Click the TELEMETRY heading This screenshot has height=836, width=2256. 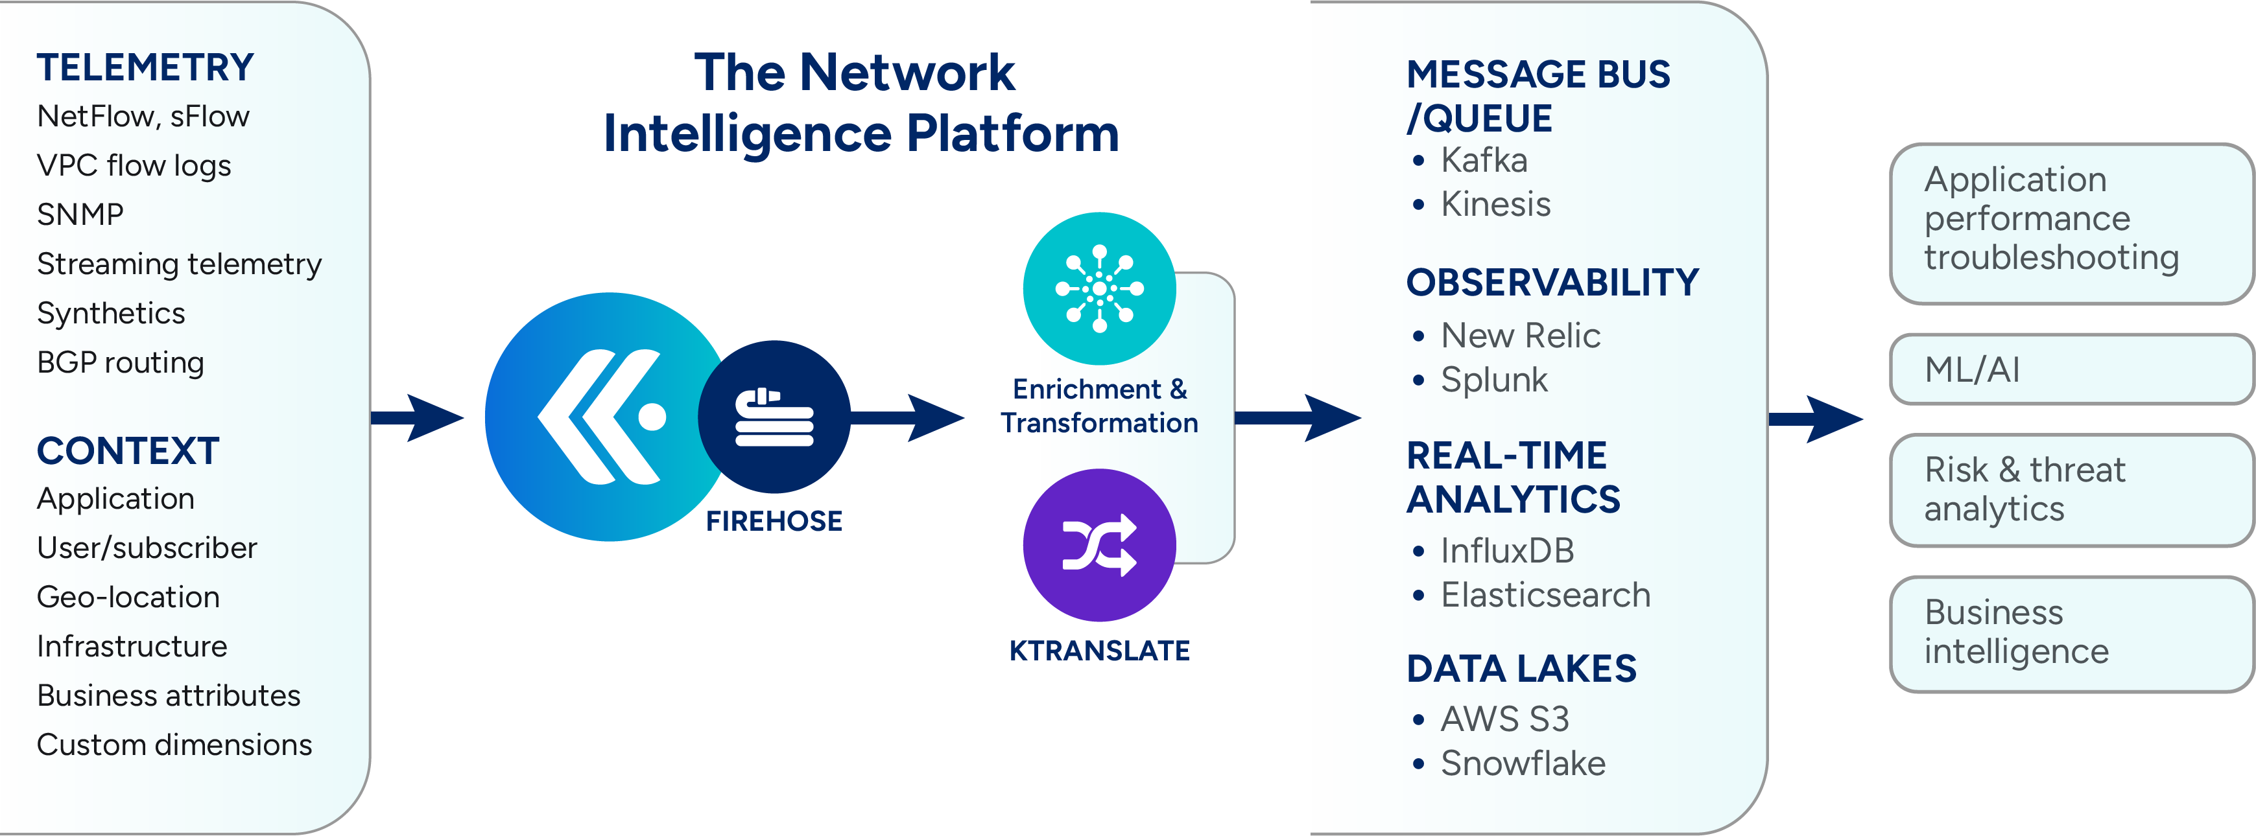(145, 68)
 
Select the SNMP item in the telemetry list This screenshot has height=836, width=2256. (80, 215)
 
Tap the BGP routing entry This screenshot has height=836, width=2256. (121, 362)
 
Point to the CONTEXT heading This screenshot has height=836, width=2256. (128, 452)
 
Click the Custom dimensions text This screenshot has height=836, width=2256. (174, 745)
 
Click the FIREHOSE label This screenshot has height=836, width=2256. (774, 522)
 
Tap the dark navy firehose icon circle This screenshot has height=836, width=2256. (774, 417)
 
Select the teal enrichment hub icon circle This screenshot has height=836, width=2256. (1099, 288)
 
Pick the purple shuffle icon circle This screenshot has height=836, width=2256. (1099, 544)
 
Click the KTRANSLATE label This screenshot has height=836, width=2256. (1099, 651)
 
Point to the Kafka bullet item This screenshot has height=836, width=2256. (1484, 160)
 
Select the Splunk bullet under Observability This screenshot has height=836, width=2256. (1494, 380)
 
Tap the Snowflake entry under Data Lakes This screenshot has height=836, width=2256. (1523, 763)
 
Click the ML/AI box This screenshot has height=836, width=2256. (2071, 369)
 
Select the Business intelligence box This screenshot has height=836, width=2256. (2071, 633)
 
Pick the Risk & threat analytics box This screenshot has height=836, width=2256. (2071, 490)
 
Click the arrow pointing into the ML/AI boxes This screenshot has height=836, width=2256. (1816, 419)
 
